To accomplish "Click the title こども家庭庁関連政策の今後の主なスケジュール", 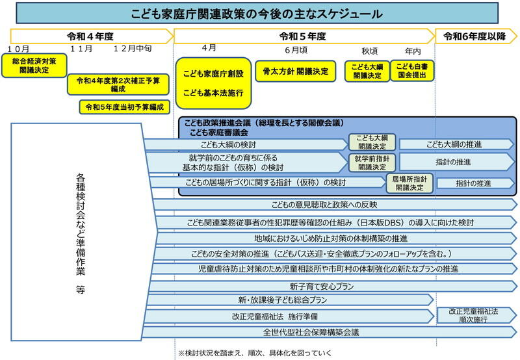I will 259,14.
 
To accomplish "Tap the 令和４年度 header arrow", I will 91,36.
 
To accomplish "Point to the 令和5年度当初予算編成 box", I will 124,106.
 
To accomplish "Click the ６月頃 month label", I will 296,50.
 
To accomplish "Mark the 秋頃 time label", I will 370,50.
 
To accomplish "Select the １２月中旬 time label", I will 132,49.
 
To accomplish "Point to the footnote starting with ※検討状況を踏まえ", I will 254,353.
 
